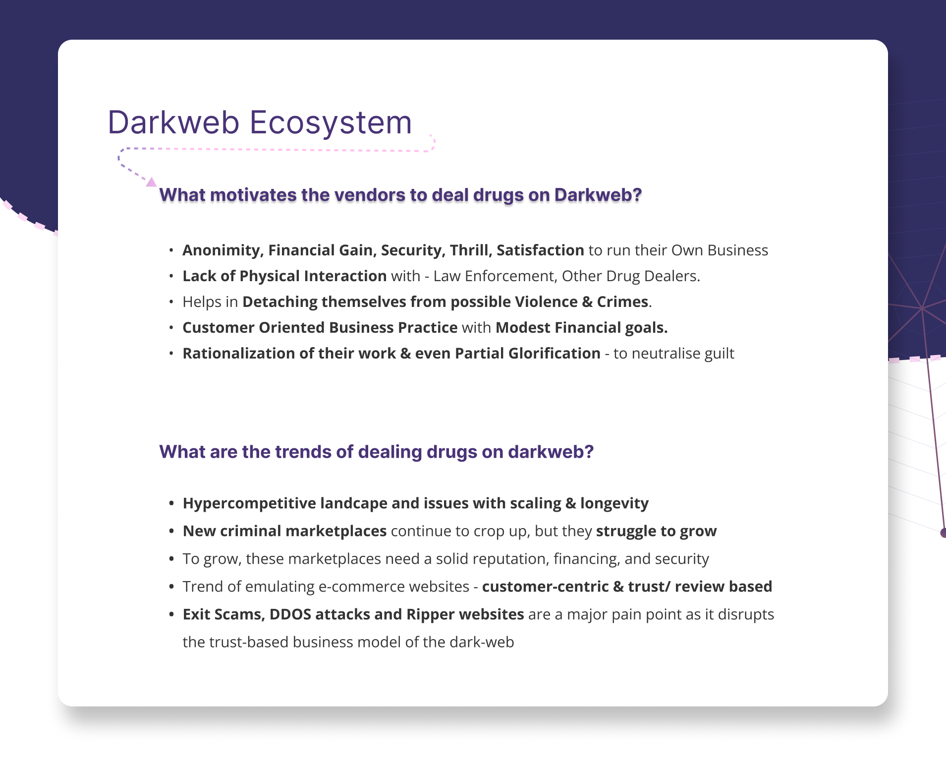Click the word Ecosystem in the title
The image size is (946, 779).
tap(331, 123)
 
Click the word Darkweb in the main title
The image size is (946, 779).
tap(173, 122)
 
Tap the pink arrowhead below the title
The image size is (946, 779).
tap(151, 182)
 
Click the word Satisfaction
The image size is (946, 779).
tap(540, 250)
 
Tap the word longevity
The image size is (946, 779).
tap(614, 503)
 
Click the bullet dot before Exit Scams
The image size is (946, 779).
tap(171, 615)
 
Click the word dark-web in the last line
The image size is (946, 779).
tap(482, 642)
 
